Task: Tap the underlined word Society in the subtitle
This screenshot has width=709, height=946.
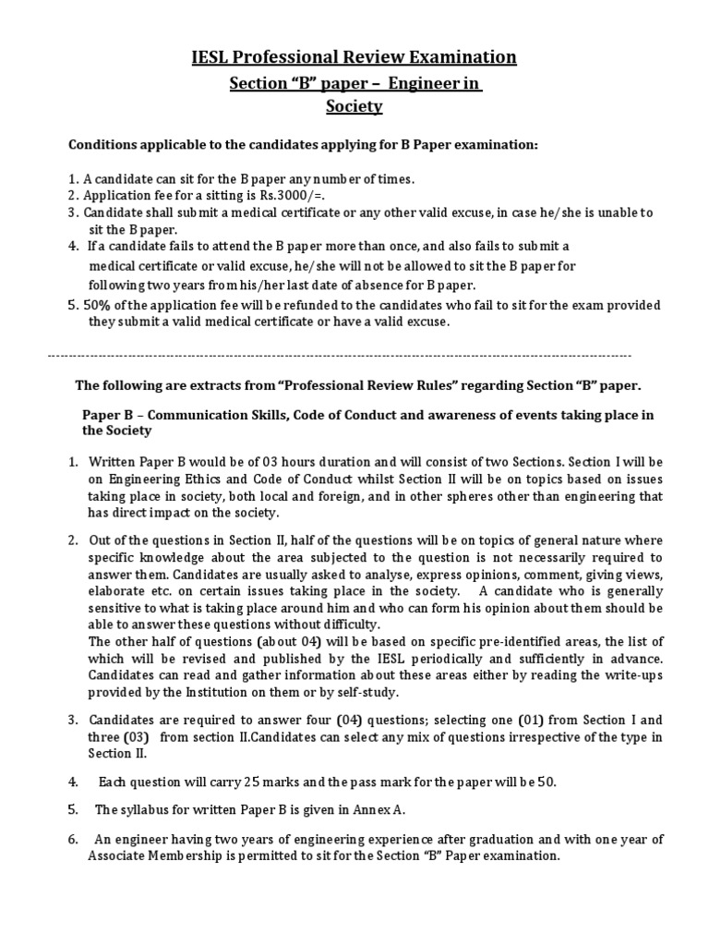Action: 354,106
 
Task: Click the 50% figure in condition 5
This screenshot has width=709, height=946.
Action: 96,305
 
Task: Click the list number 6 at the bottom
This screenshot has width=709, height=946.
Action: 72,839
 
